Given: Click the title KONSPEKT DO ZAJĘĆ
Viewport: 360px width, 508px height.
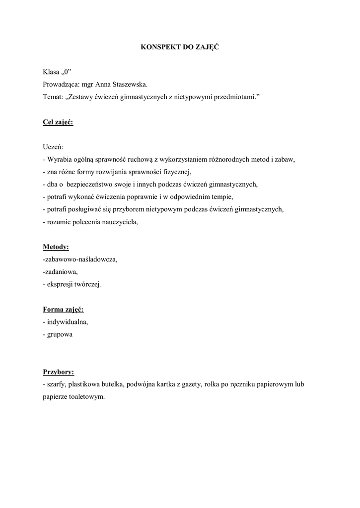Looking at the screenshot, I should pyautogui.click(x=180, y=47).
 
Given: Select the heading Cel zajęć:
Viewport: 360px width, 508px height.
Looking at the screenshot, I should pyautogui.click(x=58, y=122).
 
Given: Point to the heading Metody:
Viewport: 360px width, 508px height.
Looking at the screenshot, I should pyautogui.click(x=56, y=247).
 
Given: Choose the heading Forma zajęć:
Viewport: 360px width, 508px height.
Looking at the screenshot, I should pyautogui.click(x=63, y=310).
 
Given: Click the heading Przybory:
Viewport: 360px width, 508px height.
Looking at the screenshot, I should pyautogui.click(x=59, y=372).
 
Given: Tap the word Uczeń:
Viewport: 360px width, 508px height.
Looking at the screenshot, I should pyautogui.click(x=53, y=147).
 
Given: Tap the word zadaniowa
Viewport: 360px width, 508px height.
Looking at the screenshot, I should pyautogui.click(x=61, y=272).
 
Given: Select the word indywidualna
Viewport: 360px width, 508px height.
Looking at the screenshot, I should pyautogui.click(x=67, y=322).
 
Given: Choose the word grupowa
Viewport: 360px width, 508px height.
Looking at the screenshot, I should pyautogui.click(x=60, y=334).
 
